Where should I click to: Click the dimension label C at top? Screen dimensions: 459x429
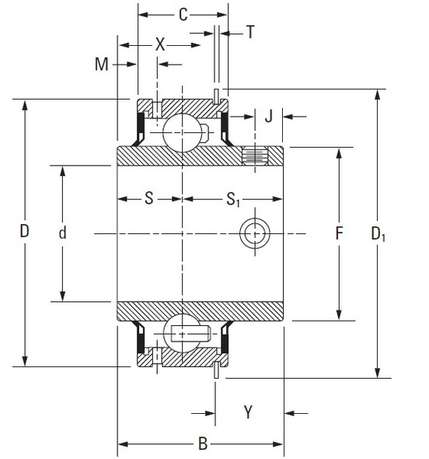(183, 13)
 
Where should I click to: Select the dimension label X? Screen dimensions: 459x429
(160, 45)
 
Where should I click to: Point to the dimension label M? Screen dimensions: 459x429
(101, 64)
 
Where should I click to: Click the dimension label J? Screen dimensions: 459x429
(268, 117)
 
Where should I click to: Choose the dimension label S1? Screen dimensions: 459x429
(232, 200)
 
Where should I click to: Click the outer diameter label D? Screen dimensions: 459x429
(25, 232)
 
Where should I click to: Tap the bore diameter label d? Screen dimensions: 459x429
(62, 232)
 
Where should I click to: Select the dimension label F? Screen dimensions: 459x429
(338, 233)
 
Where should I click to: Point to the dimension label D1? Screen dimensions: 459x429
(378, 233)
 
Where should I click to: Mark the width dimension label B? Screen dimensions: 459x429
(201, 445)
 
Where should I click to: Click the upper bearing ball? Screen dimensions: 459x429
(183, 129)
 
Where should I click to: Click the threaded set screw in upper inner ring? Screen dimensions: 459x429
(254, 156)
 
